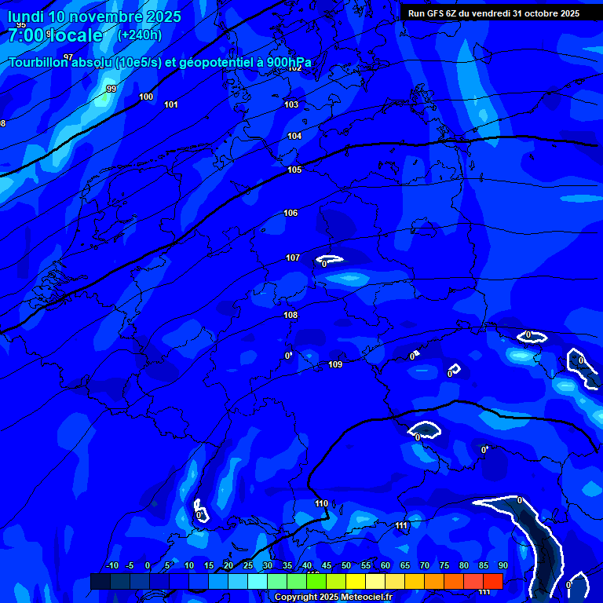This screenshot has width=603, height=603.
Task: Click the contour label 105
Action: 294,170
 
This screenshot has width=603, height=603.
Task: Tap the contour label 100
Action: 146,97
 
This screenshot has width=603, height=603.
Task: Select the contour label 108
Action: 291,315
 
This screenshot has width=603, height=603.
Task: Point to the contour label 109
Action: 335,364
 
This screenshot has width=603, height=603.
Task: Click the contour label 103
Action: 291,104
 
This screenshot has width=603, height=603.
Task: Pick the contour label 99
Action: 111,89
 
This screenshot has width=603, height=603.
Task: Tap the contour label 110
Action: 321,503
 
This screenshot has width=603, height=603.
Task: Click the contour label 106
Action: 291,213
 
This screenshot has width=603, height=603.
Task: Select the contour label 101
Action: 171,104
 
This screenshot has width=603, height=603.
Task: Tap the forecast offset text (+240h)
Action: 139,35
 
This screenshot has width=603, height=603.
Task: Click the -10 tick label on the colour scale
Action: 111,565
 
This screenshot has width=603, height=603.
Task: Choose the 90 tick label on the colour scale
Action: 502,565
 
